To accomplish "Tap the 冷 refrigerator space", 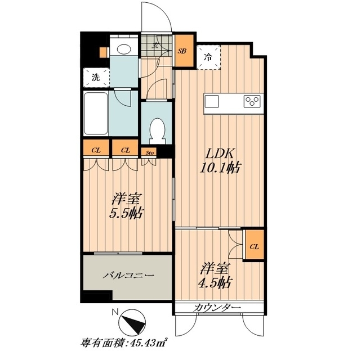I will (208, 57).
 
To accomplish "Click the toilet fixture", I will (156, 129).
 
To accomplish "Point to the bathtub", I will (97, 113).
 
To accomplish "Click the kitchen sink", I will (212, 101).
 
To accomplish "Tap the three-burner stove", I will (251, 101).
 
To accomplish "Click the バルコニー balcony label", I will (127, 276).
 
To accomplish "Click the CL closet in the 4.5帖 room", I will (255, 246).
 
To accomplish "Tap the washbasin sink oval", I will (123, 49).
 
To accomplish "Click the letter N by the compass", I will (115, 313).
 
